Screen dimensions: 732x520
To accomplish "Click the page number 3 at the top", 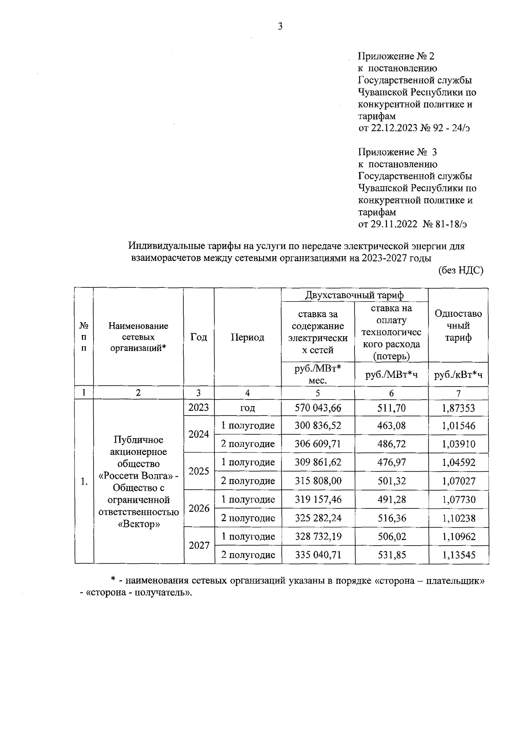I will click(280, 27).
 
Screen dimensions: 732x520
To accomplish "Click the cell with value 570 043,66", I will click(318, 407).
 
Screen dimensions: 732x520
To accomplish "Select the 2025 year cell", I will click(199, 471).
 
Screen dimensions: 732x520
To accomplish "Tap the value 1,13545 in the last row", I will click(458, 555).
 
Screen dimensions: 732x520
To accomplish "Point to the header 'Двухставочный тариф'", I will click(354, 295).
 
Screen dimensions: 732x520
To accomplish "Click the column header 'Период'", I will click(247, 337).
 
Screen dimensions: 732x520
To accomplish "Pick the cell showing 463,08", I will click(391, 426).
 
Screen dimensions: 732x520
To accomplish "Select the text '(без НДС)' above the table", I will click(460, 270).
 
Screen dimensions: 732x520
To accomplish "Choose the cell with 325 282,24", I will click(318, 518).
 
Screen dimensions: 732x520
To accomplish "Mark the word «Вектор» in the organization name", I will click(139, 524).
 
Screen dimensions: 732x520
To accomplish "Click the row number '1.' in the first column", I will click(84, 481).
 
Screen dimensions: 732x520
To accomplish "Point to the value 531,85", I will click(391, 555).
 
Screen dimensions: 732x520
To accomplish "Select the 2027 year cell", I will click(199, 546).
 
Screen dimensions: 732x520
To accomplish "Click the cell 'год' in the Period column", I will click(247, 408).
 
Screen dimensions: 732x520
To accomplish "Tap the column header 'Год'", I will click(198, 337).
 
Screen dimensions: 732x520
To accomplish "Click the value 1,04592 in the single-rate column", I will click(458, 462).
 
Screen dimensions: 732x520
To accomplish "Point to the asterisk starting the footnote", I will click(113, 580).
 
